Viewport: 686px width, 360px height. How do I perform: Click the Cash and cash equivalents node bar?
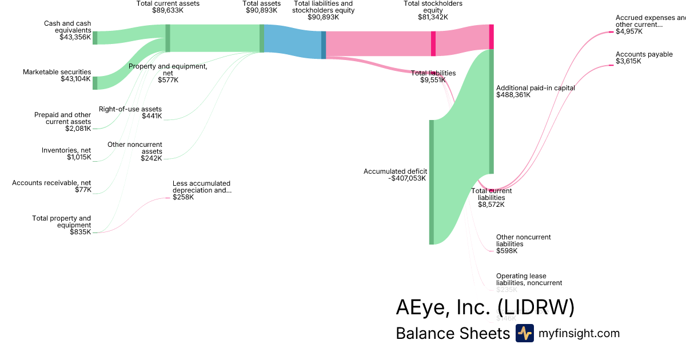point(95,38)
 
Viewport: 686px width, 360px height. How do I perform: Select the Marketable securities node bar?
point(95,83)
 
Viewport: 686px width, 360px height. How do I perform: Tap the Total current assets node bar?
point(167,38)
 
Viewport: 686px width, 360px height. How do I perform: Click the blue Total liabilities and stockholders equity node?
point(324,45)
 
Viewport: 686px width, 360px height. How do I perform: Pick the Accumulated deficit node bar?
point(432,182)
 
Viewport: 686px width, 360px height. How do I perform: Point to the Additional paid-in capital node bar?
point(491,111)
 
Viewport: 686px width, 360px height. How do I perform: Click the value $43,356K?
point(75,37)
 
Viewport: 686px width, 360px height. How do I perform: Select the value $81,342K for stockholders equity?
point(433,17)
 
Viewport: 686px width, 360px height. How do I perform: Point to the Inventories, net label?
point(66,150)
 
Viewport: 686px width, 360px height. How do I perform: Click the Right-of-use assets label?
point(130,109)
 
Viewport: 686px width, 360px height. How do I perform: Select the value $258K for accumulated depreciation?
point(183,198)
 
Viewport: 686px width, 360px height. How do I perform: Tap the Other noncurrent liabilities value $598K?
point(506,251)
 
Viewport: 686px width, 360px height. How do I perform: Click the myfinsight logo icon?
point(524,333)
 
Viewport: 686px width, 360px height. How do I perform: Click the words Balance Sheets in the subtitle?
point(452,334)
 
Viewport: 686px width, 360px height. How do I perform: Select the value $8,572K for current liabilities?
point(491,205)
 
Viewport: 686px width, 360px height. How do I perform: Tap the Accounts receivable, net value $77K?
point(83,190)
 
